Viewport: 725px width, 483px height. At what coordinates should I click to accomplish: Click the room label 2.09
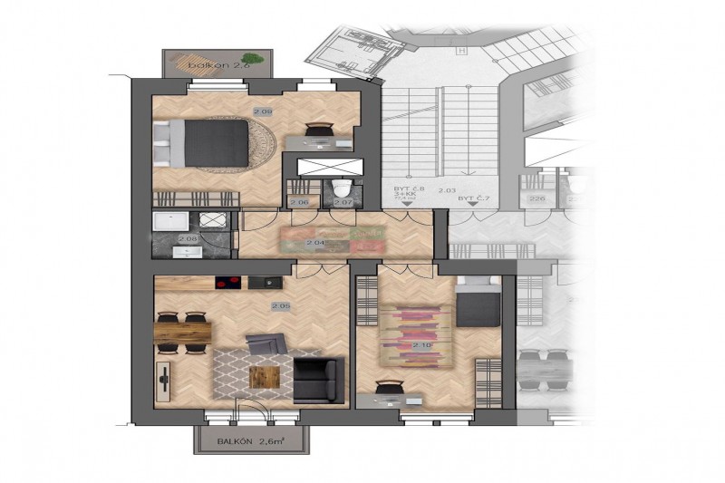coord(263,112)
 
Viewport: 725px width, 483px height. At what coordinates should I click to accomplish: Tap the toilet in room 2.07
coord(342,188)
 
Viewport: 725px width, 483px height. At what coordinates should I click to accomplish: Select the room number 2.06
coord(302,203)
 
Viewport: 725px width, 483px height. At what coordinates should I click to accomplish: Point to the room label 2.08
coord(188,239)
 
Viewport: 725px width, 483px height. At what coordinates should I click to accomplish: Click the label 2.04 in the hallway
coord(315,244)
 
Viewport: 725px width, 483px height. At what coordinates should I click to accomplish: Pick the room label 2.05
coord(280,306)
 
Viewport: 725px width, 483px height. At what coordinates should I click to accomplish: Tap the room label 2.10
coord(421,346)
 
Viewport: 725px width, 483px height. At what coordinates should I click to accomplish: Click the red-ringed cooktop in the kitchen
coord(226,283)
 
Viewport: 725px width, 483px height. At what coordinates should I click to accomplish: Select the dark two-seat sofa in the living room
coord(317,380)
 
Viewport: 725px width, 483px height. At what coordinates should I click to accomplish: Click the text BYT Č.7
coord(469,198)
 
